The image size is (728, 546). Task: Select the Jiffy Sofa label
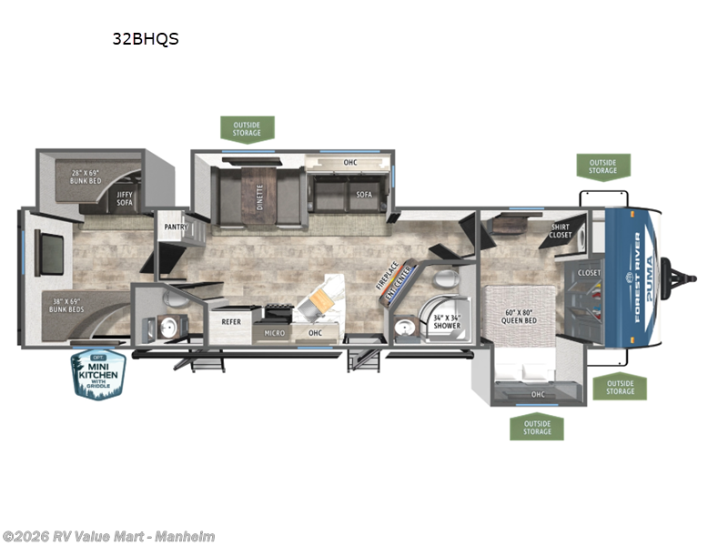click(x=124, y=197)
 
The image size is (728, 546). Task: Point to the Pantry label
click(x=176, y=226)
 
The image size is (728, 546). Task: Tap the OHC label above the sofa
click(x=350, y=165)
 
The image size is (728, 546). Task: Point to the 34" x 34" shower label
click(x=445, y=321)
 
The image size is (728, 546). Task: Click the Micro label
click(x=274, y=333)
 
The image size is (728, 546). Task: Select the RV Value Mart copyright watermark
click(x=108, y=537)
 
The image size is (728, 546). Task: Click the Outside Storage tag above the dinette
click(x=247, y=128)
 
